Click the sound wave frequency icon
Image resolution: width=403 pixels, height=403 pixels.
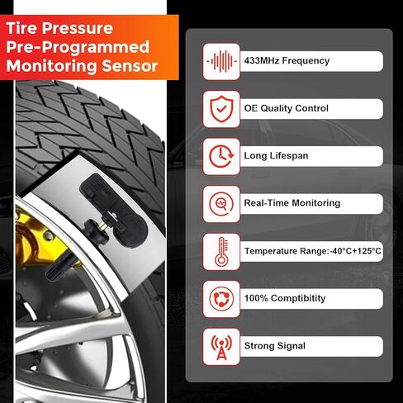tap(220, 61)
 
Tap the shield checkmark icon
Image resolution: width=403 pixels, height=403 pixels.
tap(220, 108)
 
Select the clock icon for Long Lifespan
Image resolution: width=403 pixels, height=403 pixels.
tap(220, 156)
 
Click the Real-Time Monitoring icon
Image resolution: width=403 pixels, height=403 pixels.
tap(220, 203)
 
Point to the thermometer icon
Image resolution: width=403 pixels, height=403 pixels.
tap(220, 250)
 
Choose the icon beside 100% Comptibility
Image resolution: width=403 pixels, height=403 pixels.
tap(220, 298)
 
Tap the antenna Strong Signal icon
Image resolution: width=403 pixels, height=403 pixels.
tap(220, 345)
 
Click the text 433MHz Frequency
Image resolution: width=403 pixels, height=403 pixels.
tap(287, 61)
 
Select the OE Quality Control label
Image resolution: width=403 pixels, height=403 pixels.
tap(286, 108)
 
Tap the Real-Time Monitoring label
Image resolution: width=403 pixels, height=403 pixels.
tap(292, 203)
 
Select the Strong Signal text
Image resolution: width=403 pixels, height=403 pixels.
tap(274, 345)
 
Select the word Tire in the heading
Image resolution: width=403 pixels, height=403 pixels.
tap(26, 26)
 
